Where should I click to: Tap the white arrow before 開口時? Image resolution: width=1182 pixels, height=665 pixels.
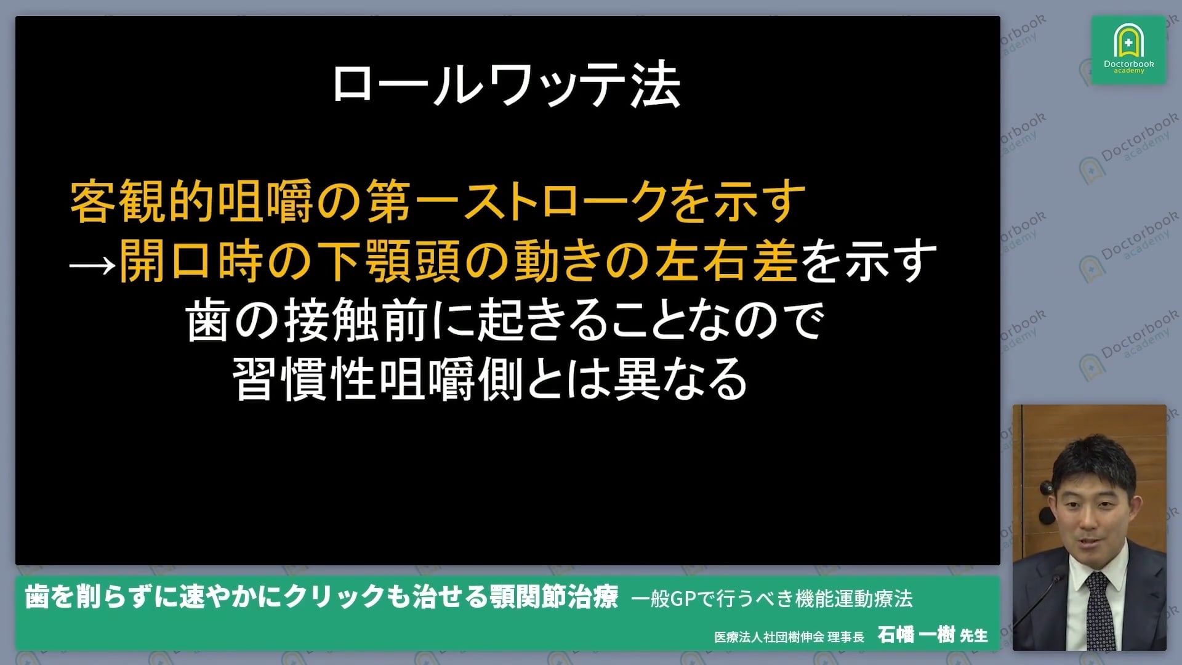[92, 264]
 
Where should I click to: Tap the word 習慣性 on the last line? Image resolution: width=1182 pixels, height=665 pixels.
[305, 379]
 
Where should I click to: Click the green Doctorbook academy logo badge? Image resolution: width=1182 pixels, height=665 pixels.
[1128, 50]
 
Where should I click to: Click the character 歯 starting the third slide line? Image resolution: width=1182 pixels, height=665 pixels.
[208, 320]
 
